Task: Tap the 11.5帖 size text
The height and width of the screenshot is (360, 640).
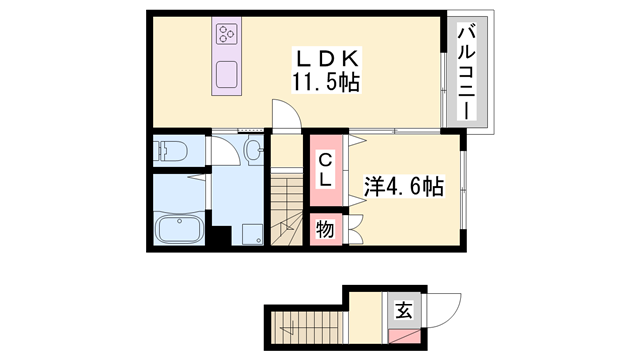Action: click(323, 81)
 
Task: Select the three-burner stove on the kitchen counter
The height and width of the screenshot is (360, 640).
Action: click(226, 36)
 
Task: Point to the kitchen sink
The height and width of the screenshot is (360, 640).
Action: click(226, 74)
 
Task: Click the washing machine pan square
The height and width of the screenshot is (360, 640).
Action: click(250, 234)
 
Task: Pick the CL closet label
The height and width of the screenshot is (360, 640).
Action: click(325, 170)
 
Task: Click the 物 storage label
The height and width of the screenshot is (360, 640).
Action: click(324, 229)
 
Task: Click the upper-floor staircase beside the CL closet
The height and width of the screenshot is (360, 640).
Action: click(286, 209)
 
